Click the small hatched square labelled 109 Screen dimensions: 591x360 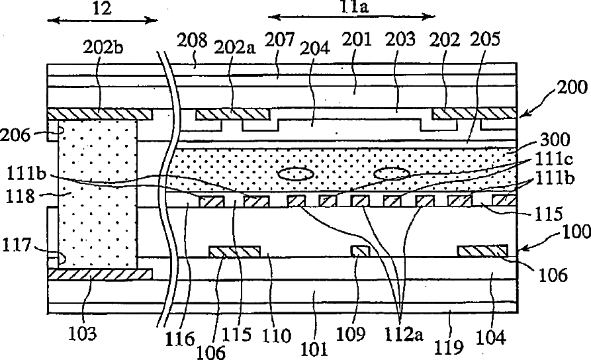point(359,251)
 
